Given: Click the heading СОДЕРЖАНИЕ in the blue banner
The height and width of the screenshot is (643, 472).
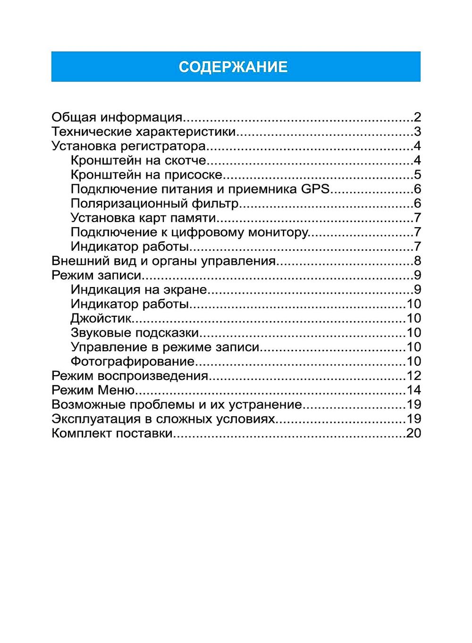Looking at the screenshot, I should click(x=233, y=67).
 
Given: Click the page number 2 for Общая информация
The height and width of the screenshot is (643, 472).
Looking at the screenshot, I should click(x=417, y=117).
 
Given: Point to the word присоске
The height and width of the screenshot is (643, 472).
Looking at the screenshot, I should click(x=193, y=175).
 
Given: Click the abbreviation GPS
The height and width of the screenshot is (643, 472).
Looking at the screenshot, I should click(x=315, y=189).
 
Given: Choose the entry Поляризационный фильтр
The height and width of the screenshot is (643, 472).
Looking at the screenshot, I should click(x=155, y=204).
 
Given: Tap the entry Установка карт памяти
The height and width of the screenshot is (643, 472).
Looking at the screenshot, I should click(x=143, y=218).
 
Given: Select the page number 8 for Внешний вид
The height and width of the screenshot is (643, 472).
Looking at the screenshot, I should click(x=417, y=261).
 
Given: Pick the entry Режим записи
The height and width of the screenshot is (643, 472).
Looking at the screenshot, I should click(x=96, y=275).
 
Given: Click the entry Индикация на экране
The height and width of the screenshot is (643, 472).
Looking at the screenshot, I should click(x=139, y=289).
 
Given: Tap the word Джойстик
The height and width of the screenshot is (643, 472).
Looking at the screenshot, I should click(x=101, y=318).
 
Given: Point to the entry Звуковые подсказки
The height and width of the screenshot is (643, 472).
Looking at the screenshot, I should click(x=135, y=333).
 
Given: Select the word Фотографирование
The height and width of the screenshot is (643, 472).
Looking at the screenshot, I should click(x=132, y=362).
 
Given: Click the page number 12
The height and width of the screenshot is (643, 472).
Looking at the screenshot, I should click(x=413, y=376).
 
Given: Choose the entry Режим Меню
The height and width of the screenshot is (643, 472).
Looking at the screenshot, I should click(x=93, y=390).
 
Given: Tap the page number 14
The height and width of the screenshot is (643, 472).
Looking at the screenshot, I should click(x=413, y=390).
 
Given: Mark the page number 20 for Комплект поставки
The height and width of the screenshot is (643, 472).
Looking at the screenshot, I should click(x=413, y=433).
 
